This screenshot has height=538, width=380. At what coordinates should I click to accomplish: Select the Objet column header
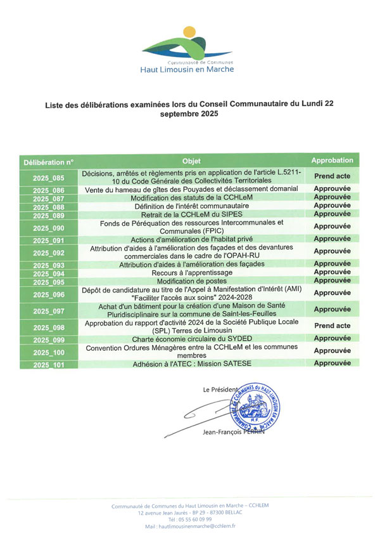[x=191, y=161]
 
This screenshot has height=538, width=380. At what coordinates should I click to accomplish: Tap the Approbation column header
[x=332, y=161]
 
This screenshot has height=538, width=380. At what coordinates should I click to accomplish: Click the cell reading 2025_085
[x=49, y=179]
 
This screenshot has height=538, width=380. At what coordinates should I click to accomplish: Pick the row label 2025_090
[x=49, y=228]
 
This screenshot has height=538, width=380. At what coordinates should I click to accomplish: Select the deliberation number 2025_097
[x=49, y=311]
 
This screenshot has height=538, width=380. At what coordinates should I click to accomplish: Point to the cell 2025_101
[x=49, y=365]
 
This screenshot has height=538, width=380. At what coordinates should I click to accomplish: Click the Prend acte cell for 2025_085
[x=332, y=176]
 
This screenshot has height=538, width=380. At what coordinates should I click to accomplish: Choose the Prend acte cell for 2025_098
[x=332, y=325]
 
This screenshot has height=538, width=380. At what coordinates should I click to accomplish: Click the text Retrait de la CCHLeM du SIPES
[x=191, y=215]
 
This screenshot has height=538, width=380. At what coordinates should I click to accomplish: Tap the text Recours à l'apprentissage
[x=191, y=272]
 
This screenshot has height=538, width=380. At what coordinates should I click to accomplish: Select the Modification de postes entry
[x=191, y=281]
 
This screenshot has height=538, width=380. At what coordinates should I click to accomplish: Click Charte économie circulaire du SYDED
[x=191, y=339]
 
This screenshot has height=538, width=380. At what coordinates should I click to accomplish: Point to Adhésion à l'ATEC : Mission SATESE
[x=191, y=364]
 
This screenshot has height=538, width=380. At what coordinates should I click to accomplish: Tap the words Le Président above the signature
[x=220, y=389]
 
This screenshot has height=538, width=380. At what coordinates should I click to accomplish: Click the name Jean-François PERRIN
[x=230, y=432]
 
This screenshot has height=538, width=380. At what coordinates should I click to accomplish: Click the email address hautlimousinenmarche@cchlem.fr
[x=190, y=527]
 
